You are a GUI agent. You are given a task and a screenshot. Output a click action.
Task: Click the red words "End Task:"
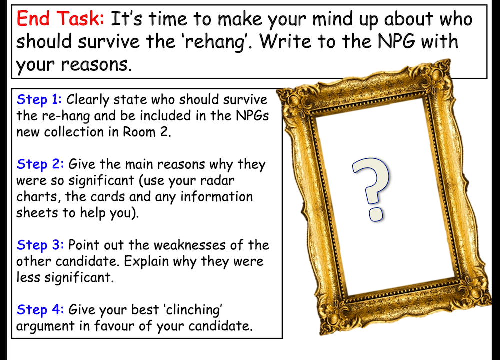point(60,19)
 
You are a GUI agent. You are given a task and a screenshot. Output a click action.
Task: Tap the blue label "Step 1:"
point(39,99)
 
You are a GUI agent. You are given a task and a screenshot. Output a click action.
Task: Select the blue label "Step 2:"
point(40,164)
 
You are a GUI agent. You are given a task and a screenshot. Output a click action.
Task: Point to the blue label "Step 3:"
point(40,245)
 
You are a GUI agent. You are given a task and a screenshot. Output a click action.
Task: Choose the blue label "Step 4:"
point(40,310)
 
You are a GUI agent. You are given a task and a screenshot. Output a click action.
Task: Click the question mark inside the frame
point(371,189)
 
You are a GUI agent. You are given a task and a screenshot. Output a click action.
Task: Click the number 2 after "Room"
point(164,132)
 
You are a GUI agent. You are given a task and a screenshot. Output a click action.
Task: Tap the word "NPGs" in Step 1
point(252,116)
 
